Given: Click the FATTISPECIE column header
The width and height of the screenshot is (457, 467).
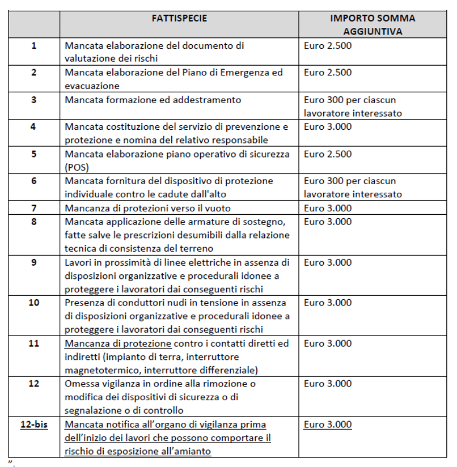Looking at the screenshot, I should (179, 18).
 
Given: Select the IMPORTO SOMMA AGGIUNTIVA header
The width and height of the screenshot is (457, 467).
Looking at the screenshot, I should (373, 25).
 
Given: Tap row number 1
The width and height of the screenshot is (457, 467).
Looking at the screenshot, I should (33, 45).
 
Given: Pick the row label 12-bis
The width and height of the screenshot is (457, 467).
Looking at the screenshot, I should (33, 424).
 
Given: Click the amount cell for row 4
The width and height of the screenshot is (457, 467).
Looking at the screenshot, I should (328, 126).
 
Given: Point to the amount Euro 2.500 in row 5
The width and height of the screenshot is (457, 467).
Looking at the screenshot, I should (328, 154).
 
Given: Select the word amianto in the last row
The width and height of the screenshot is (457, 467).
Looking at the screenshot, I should (192, 451).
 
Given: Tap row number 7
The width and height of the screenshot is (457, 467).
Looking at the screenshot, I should (33, 208).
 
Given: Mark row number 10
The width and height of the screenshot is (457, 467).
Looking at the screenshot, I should (33, 303).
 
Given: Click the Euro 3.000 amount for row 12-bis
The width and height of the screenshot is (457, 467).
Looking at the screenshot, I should (328, 424).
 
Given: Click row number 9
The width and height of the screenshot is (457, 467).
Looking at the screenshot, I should (33, 262).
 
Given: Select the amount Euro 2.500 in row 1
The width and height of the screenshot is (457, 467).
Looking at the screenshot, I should (328, 45).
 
